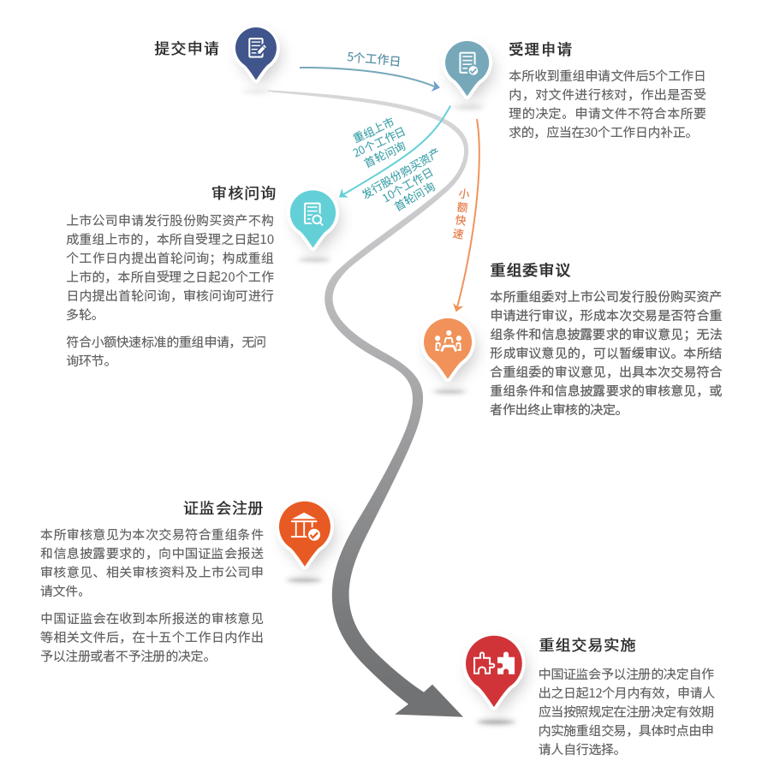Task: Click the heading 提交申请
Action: point(186,48)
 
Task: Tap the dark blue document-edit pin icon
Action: point(256,49)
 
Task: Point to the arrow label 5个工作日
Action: point(374,58)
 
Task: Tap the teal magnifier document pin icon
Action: point(313,213)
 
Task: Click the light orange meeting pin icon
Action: point(448,342)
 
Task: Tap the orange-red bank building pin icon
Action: point(305,526)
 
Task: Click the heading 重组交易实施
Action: point(586,644)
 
